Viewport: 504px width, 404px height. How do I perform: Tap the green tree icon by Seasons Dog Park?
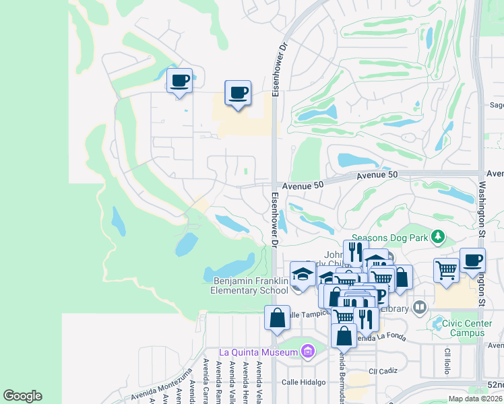[x=439, y=236]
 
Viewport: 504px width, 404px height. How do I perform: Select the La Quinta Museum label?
[x=258, y=352]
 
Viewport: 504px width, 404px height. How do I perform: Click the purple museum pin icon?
[x=308, y=351]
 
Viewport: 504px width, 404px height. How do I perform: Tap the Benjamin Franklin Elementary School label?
[x=251, y=285]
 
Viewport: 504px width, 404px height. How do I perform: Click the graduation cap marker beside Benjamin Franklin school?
[x=303, y=275]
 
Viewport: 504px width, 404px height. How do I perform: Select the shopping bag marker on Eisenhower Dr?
[x=277, y=318]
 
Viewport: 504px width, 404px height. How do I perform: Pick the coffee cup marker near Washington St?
[x=472, y=261]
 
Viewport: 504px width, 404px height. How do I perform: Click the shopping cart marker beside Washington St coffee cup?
[x=446, y=269]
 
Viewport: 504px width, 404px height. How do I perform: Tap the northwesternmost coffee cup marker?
[x=179, y=81]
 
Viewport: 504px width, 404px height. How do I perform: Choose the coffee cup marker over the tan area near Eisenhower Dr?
[x=237, y=93]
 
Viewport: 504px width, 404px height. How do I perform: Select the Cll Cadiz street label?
[x=380, y=371]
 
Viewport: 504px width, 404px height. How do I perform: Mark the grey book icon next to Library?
[x=420, y=308]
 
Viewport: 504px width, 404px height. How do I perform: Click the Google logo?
[x=22, y=396]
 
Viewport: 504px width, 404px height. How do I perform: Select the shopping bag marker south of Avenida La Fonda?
[x=344, y=335]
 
